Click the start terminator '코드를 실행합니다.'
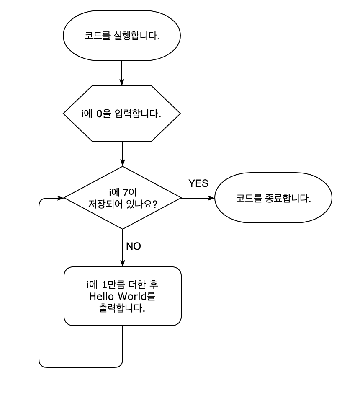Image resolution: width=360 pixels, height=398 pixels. pyautogui.click(x=121, y=36)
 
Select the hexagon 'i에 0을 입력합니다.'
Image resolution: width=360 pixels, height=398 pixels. pyautogui.click(x=121, y=114)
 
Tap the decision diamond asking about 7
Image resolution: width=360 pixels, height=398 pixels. pyautogui.click(x=122, y=198)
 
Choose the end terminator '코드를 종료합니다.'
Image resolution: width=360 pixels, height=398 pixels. pyautogui.click(x=273, y=198)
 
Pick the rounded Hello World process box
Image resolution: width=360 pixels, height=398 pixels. pyautogui.click(x=122, y=296)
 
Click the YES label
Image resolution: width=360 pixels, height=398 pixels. pyautogui.click(x=198, y=183)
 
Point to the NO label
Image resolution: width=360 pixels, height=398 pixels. pyautogui.click(x=133, y=246)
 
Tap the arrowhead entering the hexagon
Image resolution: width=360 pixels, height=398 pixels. pyautogui.click(x=121, y=83)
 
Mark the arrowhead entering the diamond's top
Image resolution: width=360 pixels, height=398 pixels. pyautogui.click(x=122, y=163)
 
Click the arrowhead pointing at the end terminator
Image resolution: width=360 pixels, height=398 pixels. pyautogui.click(x=211, y=198)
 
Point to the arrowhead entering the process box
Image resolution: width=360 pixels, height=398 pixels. pyautogui.click(x=122, y=264)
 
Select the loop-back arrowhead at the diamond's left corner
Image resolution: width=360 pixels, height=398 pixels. pyautogui.click(x=61, y=198)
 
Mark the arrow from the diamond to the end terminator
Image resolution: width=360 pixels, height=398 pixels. pyautogui.click(x=197, y=198)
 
